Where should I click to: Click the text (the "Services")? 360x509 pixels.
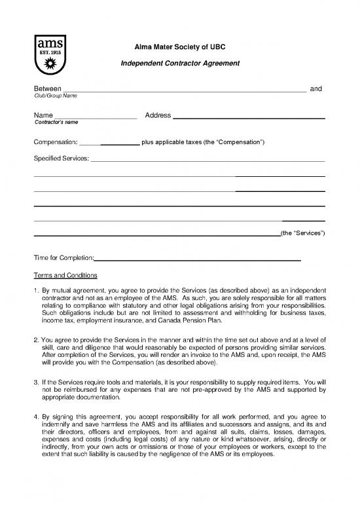(x=302, y=234)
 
